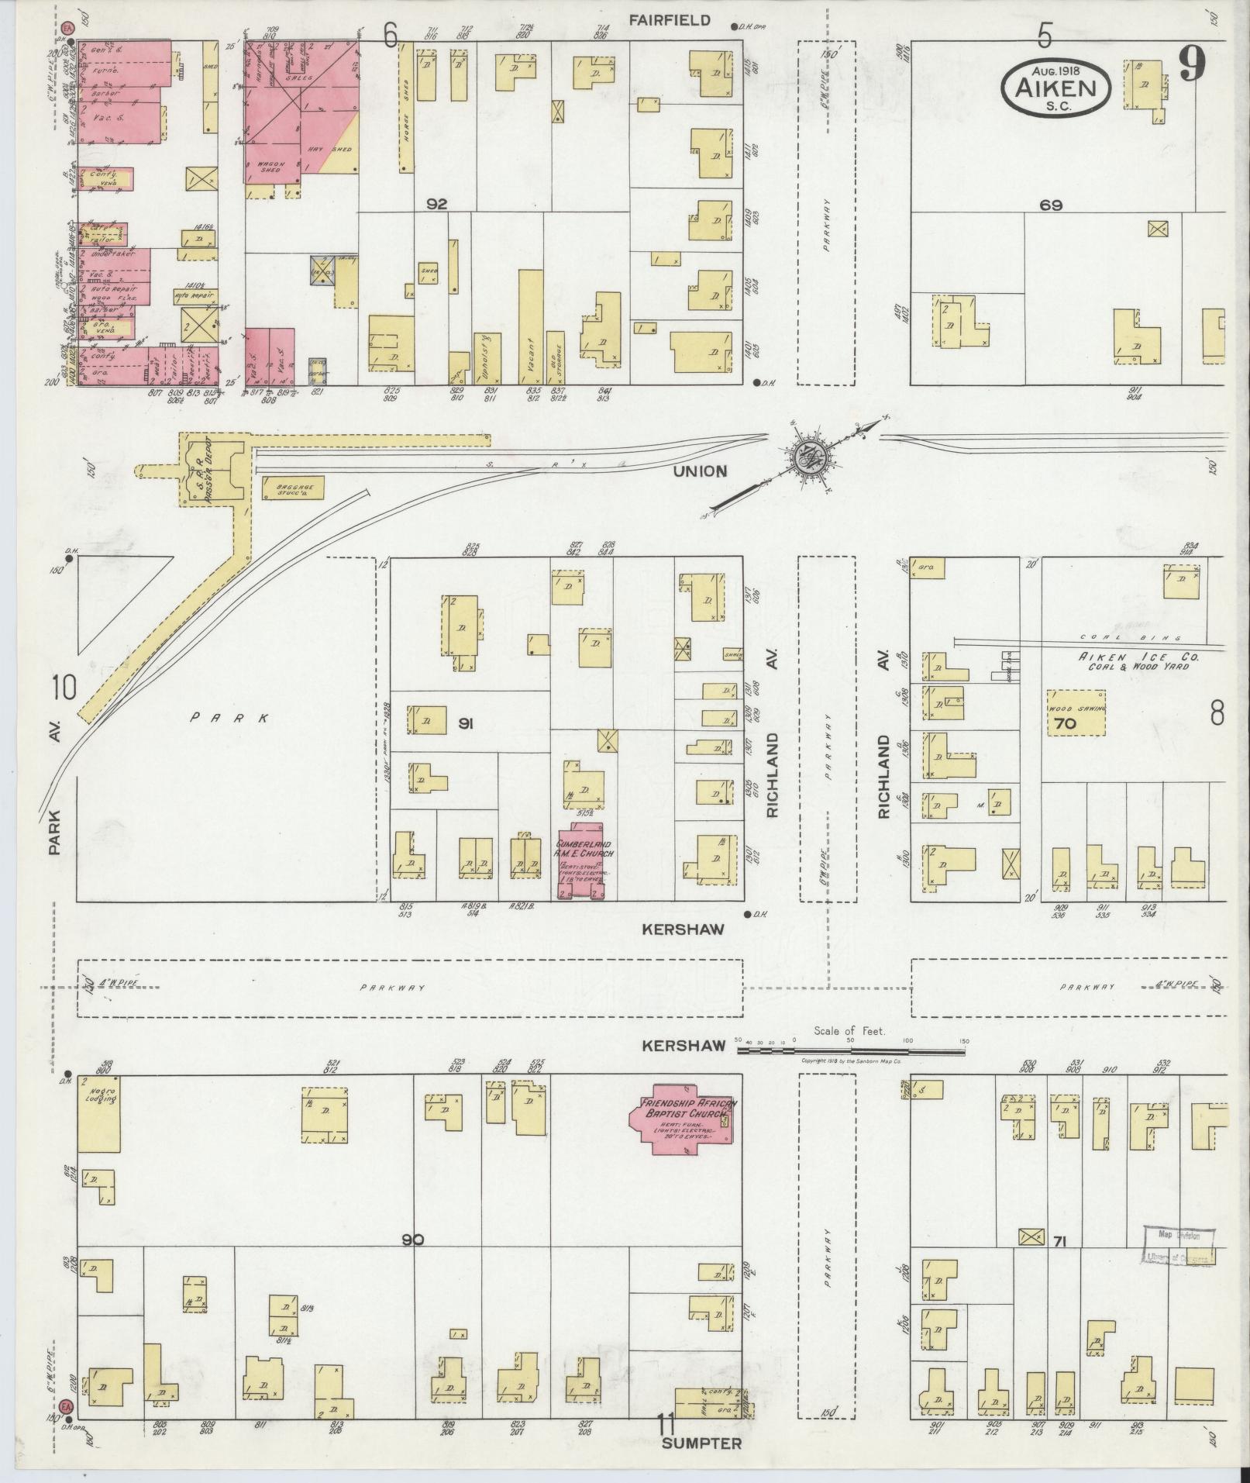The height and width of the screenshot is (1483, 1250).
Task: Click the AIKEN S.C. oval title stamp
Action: click(x=1055, y=88)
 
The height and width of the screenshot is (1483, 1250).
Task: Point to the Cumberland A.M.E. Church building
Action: click(x=585, y=859)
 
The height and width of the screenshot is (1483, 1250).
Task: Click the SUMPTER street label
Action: click(x=701, y=1443)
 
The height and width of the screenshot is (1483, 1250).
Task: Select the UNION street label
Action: click(x=700, y=471)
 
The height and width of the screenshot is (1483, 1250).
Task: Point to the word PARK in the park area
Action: click(x=229, y=718)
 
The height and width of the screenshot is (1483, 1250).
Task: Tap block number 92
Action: click(x=436, y=205)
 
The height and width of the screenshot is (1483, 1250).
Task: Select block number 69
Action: click(x=1051, y=205)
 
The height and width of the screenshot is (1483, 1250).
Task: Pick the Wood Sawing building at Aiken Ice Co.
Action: click(x=1076, y=713)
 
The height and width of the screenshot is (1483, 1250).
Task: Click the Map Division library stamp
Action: click(x=1178, y=1246)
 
